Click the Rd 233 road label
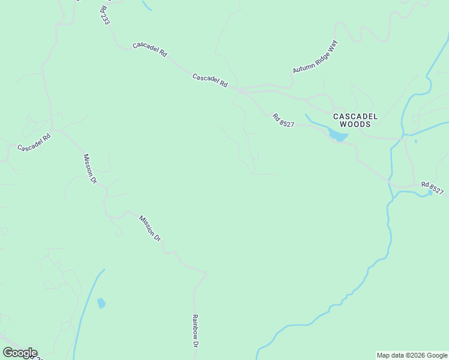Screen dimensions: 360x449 [x=105, y=14]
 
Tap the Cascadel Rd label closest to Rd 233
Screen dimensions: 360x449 [x=149, y=49]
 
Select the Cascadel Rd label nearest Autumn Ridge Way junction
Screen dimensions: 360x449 [x=210, y=81]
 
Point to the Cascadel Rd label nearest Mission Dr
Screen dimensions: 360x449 [x=34, y=142]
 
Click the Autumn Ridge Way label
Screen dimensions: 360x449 [x=316, y=57]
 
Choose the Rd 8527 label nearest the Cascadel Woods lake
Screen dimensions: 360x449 [x=283, y=119]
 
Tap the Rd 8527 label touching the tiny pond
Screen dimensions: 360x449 [x=432, y=188]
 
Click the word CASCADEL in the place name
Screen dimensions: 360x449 [x=355, y=116]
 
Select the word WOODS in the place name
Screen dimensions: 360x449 [x=355, y=124]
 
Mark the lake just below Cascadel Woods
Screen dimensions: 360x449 [x=338, y=136]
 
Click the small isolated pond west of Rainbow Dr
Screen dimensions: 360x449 [x=101, y=304]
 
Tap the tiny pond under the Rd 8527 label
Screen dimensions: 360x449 [x=430, y=193]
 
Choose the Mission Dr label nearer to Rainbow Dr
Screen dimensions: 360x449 [x=150, y=228]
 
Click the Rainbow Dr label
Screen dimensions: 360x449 [x=195, y=331]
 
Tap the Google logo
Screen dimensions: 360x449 [x=19, y=353]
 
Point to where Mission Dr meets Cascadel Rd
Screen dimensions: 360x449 [x=53, y=128]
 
